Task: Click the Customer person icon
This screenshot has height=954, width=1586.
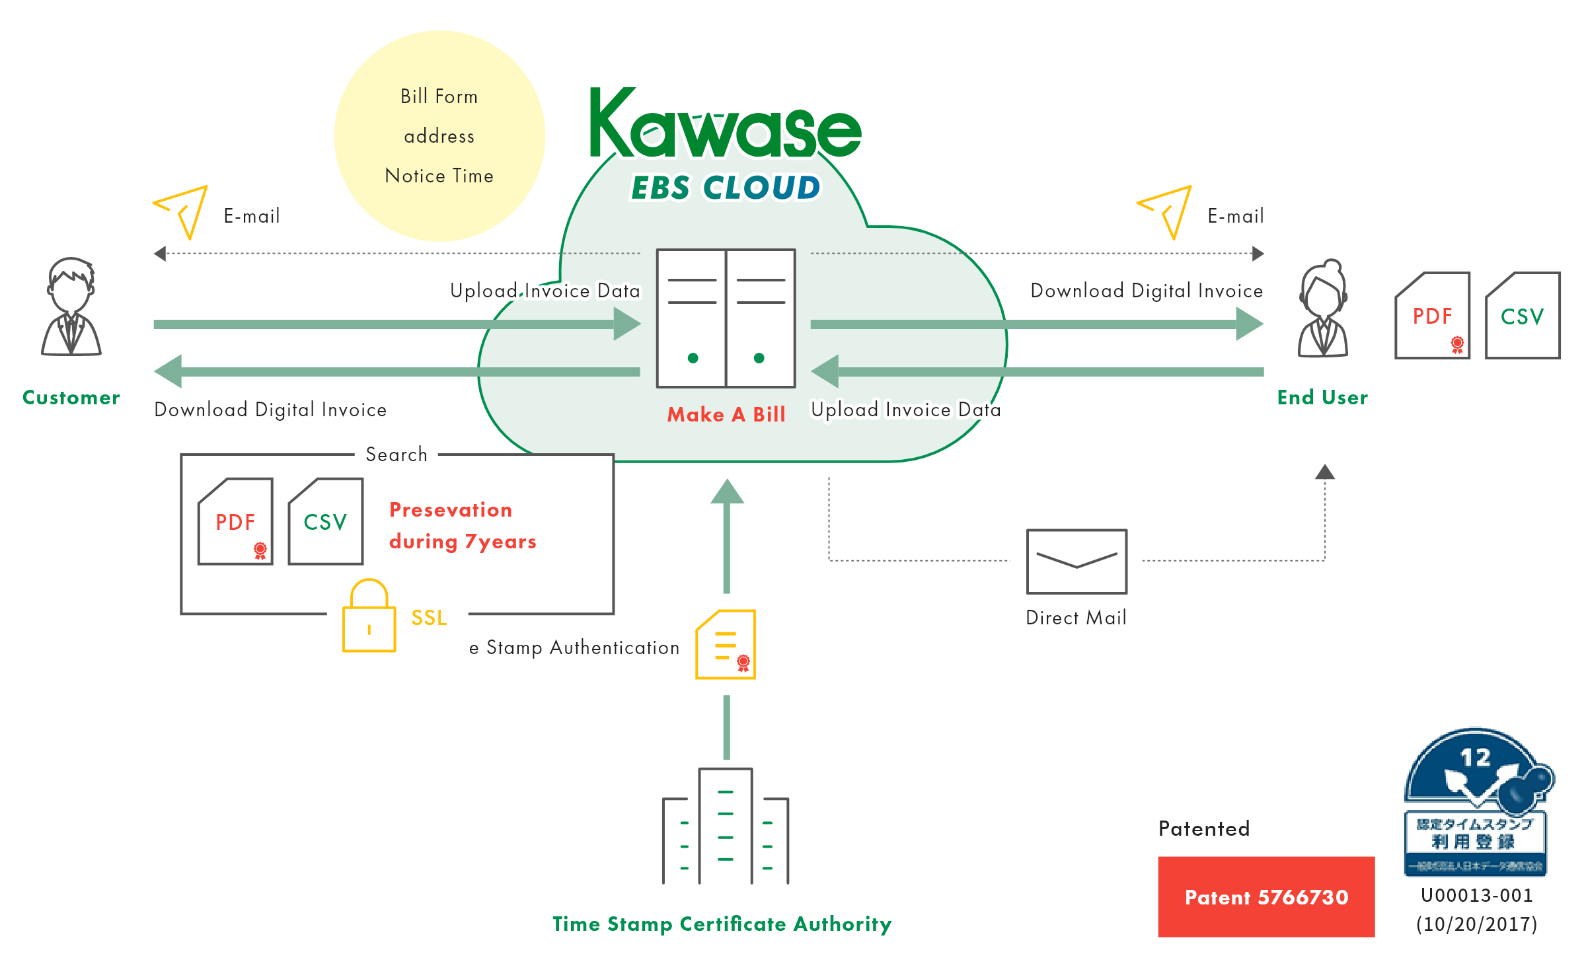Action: [x=71, y=307]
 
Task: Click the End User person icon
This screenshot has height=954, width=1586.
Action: [x=1323, y=309]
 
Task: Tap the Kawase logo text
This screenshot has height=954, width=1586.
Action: [x=725, y=126]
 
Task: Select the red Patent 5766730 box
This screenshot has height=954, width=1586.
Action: [x=1266, y=897]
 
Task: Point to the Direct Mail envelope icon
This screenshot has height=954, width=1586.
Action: [x=1076, y=562]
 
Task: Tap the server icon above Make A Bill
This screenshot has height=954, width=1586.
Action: [x=726, y=318]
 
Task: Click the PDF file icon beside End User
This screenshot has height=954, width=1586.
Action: [x=1433, y=316]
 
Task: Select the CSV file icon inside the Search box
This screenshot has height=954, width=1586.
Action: [x=326, y=521]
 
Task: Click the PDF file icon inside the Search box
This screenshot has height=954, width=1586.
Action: [x=235, y=521]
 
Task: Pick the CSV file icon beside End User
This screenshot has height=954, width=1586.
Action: [x=1523, y=316]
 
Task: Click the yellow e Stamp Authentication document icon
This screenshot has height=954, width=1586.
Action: [x=726, y=645]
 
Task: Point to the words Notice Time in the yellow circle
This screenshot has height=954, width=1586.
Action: [x=439, y=176]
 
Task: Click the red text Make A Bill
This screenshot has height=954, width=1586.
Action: [x=726, y=414]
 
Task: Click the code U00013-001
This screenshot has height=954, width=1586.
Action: [x=1477, y=895]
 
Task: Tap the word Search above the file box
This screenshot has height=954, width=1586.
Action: [x=397, y=455]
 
